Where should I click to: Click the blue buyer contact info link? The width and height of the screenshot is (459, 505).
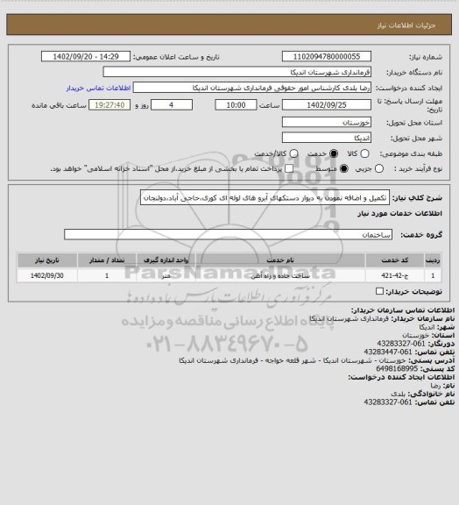[x=98, y=89]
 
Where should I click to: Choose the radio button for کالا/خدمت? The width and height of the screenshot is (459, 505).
[x=258, y=153]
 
